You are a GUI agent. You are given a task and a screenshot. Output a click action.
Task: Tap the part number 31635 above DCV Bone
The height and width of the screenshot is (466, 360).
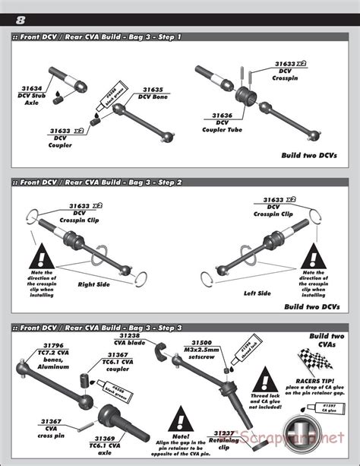coord(152,89)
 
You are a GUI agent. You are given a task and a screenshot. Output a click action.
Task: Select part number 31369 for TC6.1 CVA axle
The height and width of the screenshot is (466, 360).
coord(106,438)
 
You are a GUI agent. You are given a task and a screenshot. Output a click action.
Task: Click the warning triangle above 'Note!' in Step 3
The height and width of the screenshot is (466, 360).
coord(180,416)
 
